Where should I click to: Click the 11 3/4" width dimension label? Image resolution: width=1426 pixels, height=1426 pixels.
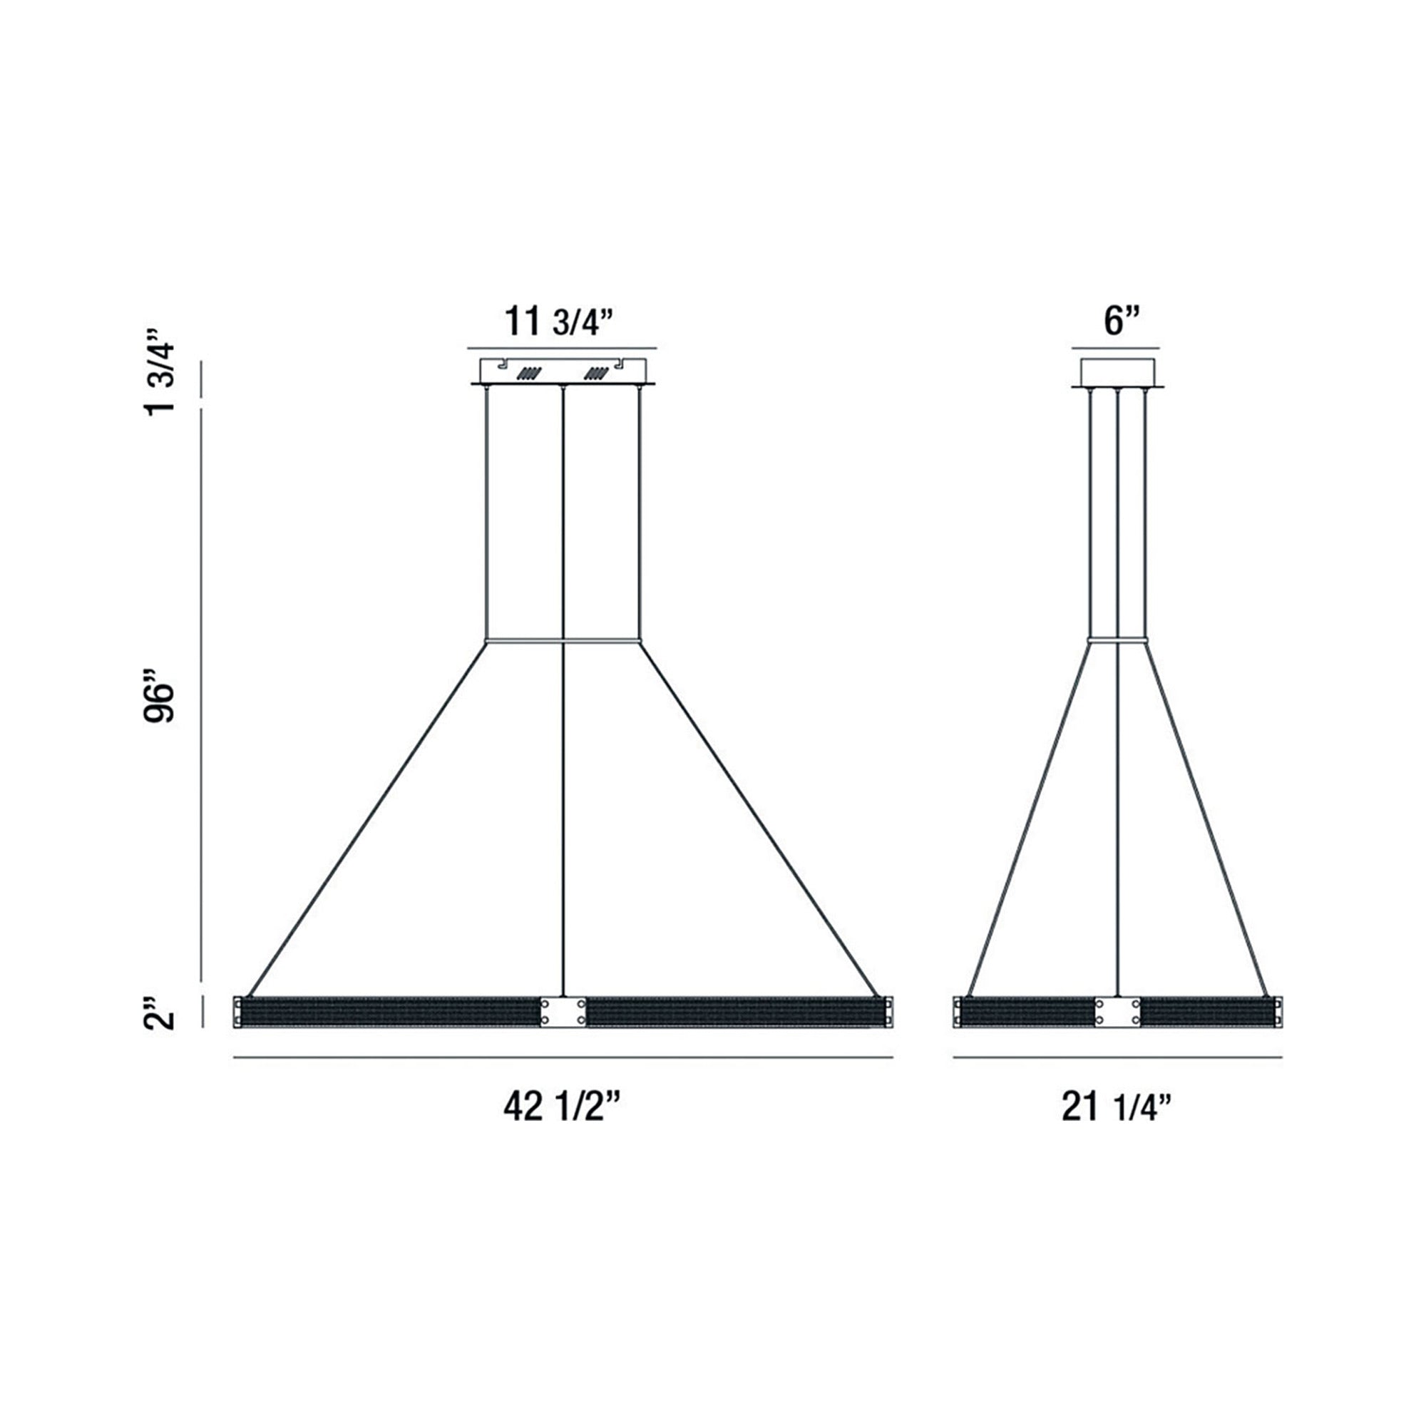click(560, 322)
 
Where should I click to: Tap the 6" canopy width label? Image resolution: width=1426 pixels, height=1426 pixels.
click(1122, 322)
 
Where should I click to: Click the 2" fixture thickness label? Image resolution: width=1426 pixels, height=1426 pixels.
click(160, 1012)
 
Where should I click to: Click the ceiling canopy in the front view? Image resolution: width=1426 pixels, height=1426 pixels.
click(563, 372)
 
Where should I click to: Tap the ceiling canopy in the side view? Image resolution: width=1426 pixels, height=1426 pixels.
click(1117, 374)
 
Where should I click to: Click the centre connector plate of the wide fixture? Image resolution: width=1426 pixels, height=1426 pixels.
click(563, 1011)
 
